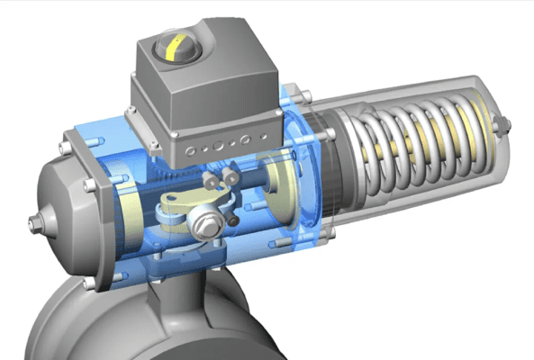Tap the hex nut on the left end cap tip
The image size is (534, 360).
(x=33, y=222)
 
